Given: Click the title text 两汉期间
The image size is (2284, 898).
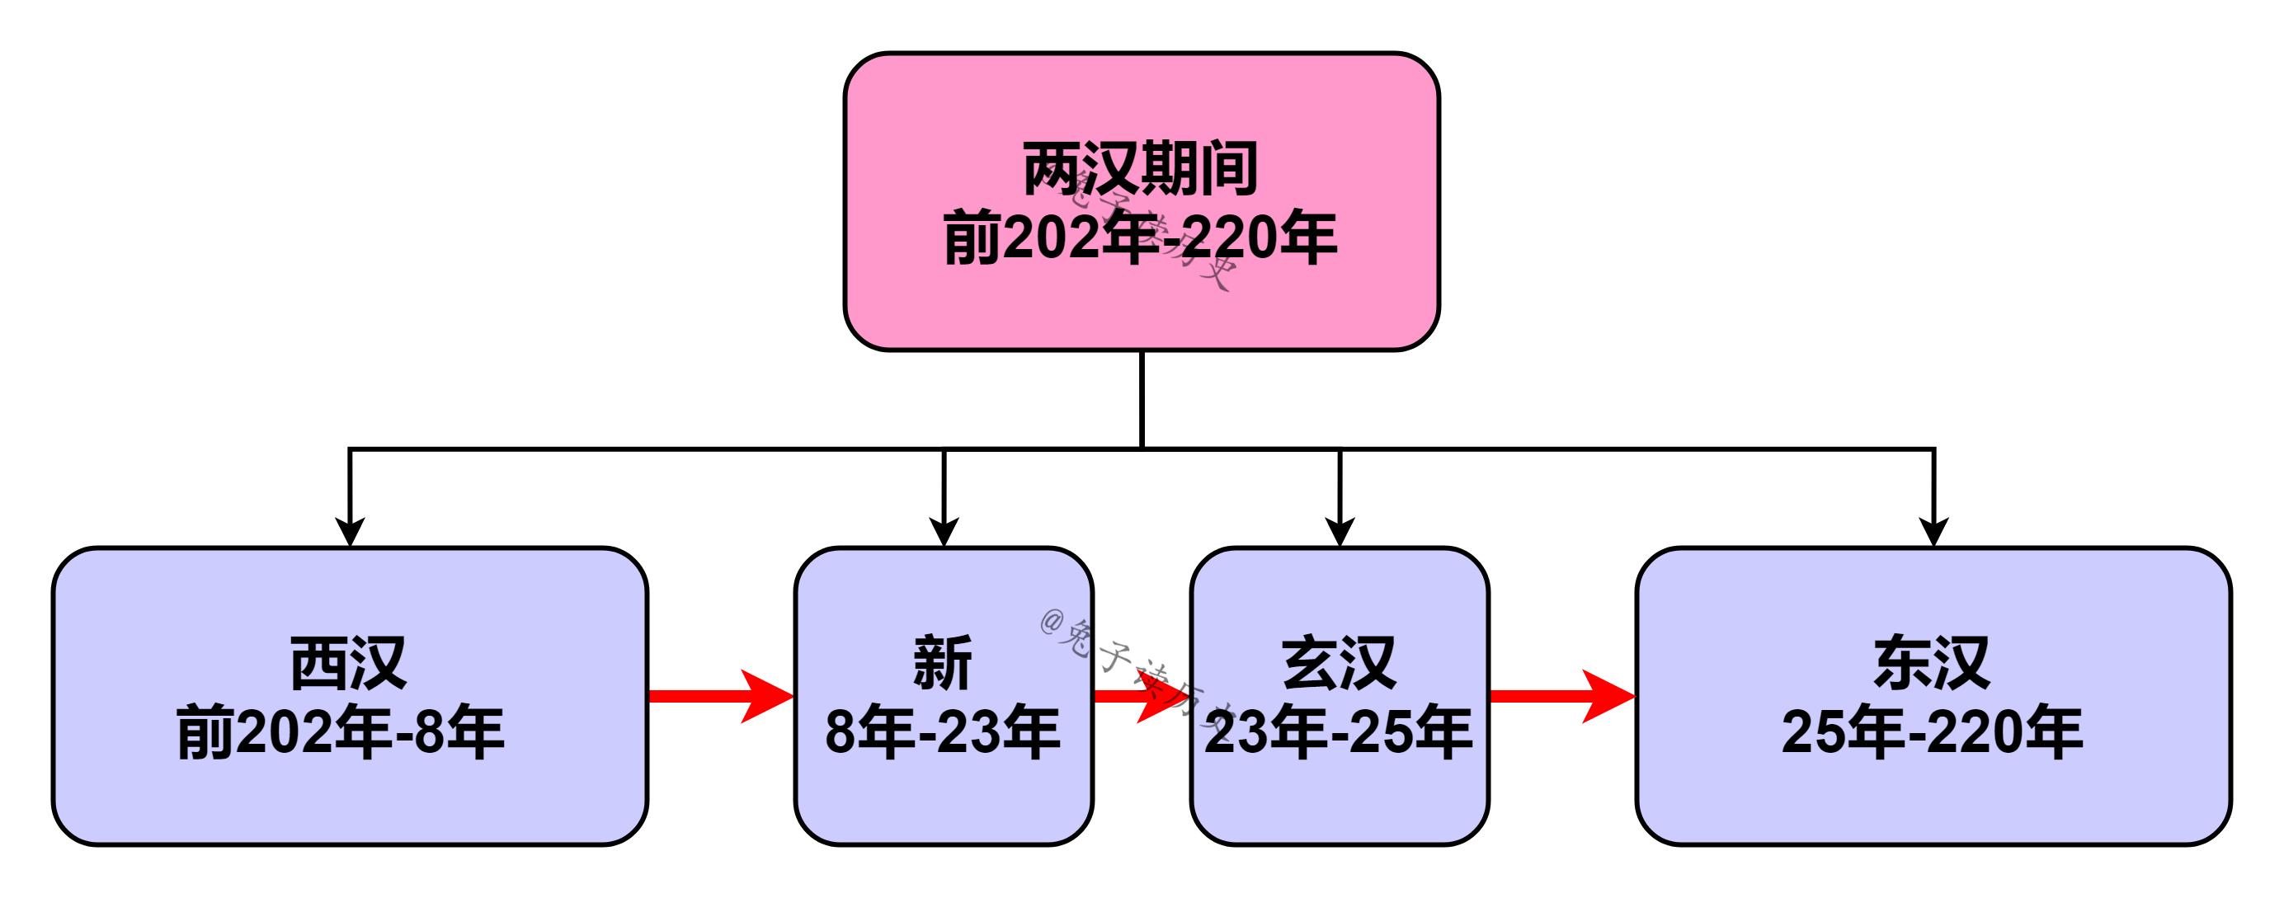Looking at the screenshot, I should point(1140,168).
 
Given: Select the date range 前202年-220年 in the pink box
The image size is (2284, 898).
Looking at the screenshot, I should point(1140,238).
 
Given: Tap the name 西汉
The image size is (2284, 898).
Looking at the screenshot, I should point(348,662).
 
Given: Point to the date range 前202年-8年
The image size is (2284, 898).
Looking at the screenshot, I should point(341,733).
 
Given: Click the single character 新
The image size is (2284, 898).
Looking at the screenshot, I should point(943,662).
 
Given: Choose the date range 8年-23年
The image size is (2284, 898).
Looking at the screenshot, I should point(943,733).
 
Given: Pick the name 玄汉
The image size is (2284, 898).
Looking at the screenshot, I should point(1339,662).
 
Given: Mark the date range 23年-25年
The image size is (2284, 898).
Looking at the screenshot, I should point(1339,733).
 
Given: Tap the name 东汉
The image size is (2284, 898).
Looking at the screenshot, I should point(1932,662).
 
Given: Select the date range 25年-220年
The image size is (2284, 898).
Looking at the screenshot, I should point(1932,733).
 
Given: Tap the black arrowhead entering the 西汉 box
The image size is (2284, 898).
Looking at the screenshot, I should point(351,532).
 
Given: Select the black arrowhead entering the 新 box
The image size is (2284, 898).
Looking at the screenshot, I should point(944,532).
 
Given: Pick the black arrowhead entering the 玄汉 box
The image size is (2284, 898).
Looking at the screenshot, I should point(1340,532).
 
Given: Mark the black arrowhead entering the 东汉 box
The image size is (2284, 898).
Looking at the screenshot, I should point(1933,532).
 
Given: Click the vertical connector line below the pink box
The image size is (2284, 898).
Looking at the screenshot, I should point(1142,399).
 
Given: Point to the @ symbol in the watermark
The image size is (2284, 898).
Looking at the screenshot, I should point(1052,623).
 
